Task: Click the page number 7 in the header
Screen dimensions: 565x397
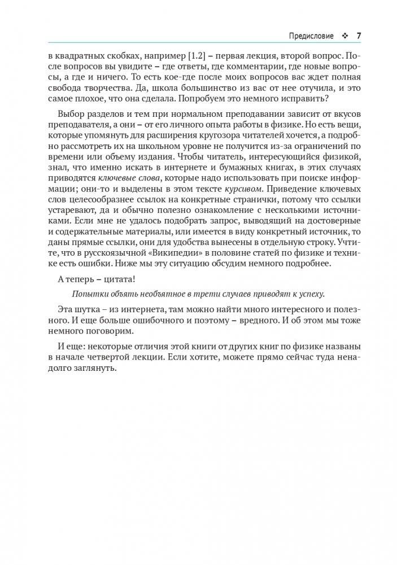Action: (x=358, y=36)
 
